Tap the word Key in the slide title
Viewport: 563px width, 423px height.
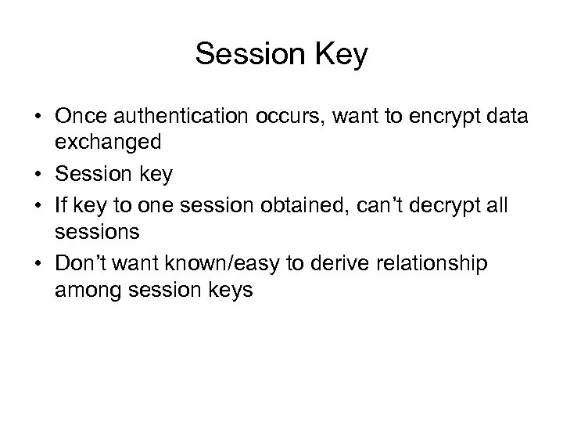click(x=338, y=54)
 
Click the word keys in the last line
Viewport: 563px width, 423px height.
click(x=231, y=289)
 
